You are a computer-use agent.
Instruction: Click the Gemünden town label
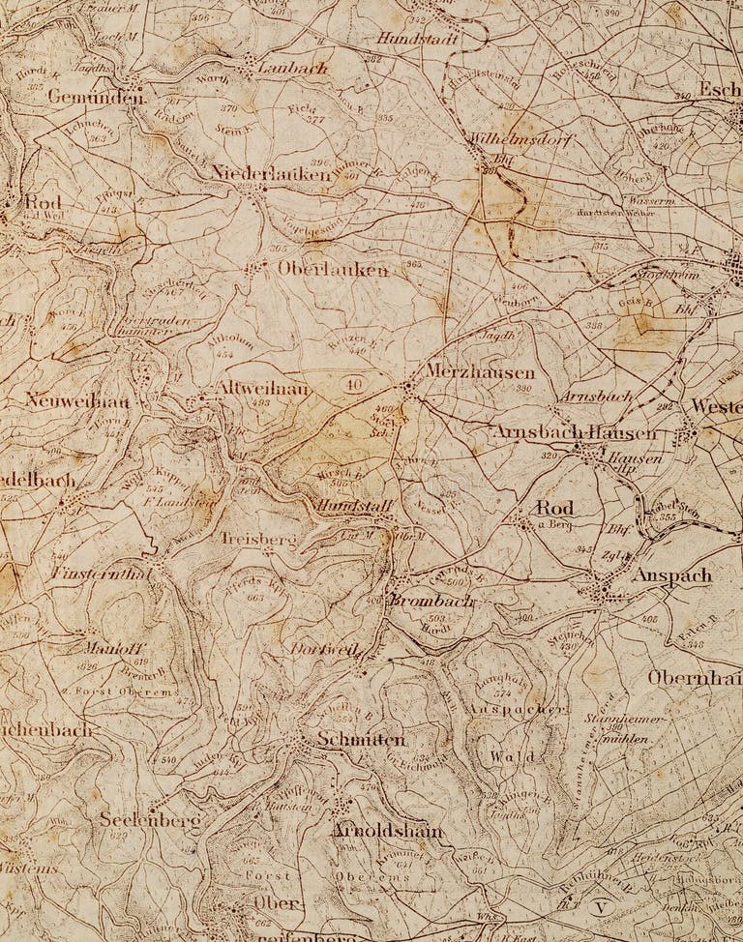pyautogui.click(x=81, y=97)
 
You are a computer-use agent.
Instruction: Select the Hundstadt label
pyautogui.click(x=418, y=38)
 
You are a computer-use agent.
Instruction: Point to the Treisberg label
pyautogui.click(x=257, y=539)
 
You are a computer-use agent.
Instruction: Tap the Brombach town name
pyautogui.click(x=431, y=601)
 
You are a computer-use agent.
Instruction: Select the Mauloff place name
pyautogui.click(x=113, y=648)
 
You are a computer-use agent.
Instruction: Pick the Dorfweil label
pyautogui.click(x=325, y=649)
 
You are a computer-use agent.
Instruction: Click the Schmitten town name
pyautogui.click(x=360, y=740)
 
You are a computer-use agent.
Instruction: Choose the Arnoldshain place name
pyautogui.click(x=387, y=831)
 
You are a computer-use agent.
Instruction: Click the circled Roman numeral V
pyautogui.click(x=599, y=908)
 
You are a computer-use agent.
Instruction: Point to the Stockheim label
pyautogui.click(x=668, y=275)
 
